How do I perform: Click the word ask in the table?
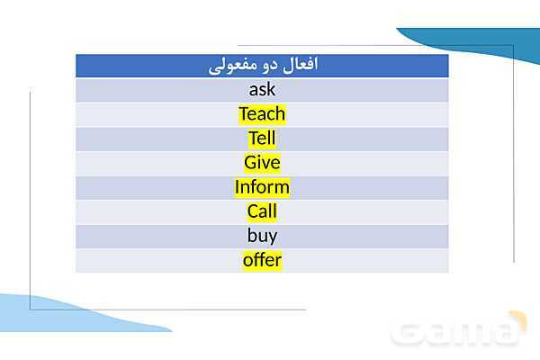coord(262,90)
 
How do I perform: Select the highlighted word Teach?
coord(262,114)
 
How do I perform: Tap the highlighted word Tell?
coord(262,139)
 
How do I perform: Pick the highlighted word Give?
coord(262,163)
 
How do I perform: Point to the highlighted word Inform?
coord(262,187)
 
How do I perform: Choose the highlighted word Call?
coord(262,211)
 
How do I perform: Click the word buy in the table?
coord(262,236)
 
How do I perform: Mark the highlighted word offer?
coord(262,260)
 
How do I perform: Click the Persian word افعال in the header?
coord(299,66)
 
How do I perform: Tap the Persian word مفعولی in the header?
coord(229,67)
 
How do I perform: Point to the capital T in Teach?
coord(243,114)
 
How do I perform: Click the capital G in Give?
coord(250,163)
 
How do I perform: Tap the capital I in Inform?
coord(238,187)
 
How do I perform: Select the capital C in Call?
coord(253,211)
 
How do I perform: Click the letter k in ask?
coord(271,90)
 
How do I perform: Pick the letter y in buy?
coord(273,237)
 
